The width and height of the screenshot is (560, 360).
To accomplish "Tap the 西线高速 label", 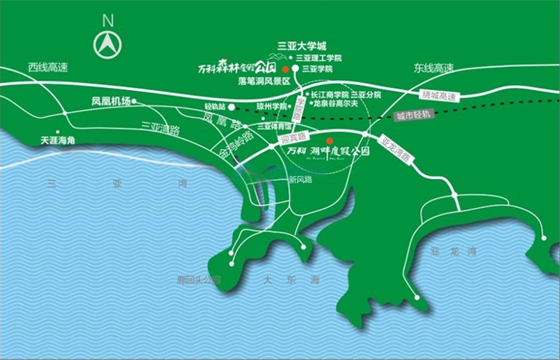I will [x=48, y=68].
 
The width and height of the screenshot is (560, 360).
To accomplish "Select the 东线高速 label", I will [x=433, y=68].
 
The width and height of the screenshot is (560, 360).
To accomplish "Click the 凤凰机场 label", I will [x=110, y=102].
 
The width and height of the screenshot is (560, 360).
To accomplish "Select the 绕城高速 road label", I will [x=442, y=95].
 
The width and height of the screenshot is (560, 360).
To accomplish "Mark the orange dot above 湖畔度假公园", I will [x=329, y=140].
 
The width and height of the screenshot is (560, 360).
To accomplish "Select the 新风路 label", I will [x=300, y=179].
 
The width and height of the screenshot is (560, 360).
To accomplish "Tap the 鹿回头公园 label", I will [x=199, y=279].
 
